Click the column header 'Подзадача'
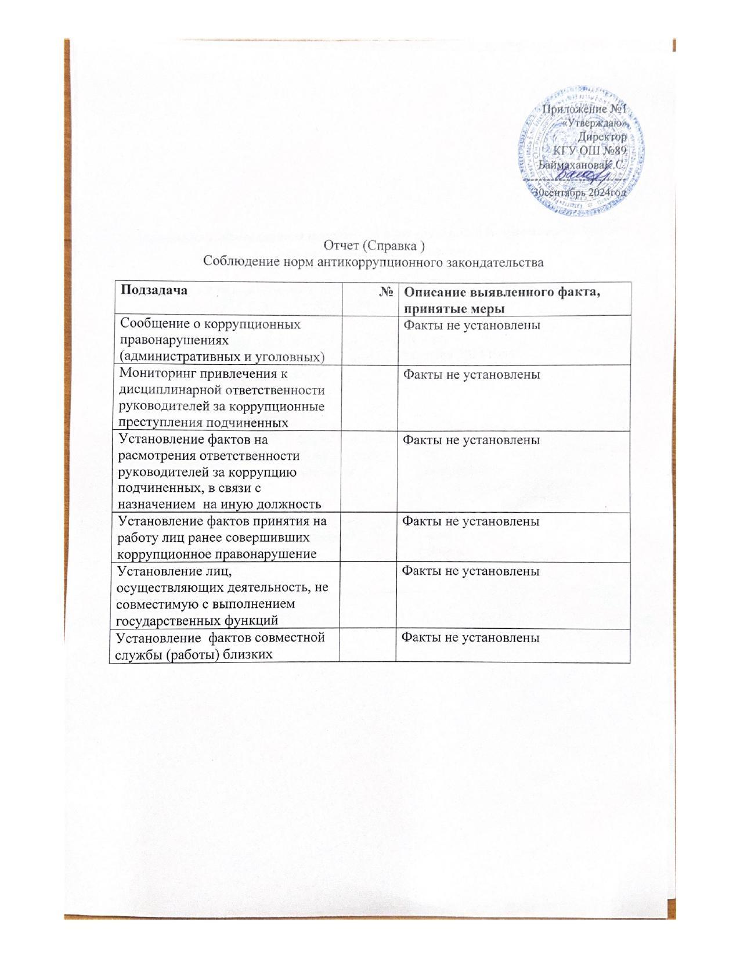pyautogui.click(x=154, y=290)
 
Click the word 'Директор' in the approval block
pyautogui.click(x=603, y=138)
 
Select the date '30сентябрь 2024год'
pyautogui.click(x=580, y=192)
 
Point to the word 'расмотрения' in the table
pyautogui.click(x=153, y=456)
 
